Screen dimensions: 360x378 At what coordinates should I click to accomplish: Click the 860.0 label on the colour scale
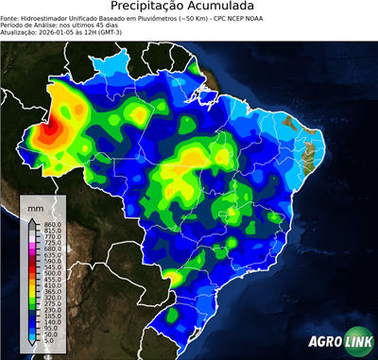click(50, 222)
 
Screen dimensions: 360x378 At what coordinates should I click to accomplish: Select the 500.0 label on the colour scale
click(50, 274)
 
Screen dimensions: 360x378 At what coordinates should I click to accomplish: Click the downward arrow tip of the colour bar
click(31, 347)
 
